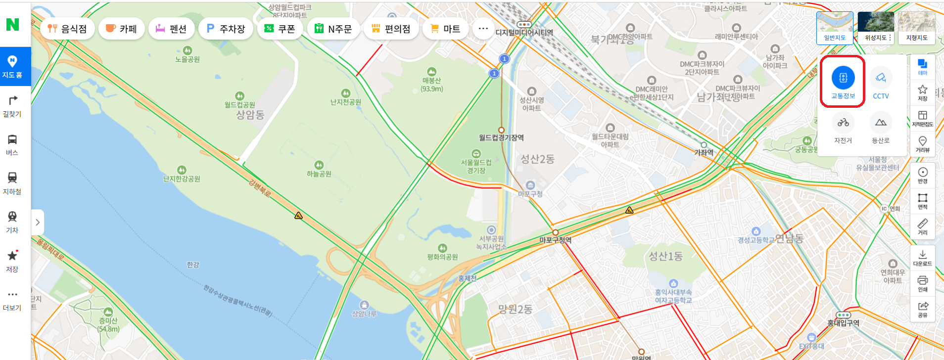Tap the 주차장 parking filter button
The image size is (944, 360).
point(225,29)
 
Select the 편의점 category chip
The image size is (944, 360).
point(391,29)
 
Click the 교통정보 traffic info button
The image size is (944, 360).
point(843,82)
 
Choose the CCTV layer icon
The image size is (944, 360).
point(881,82)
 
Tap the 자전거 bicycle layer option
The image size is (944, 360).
point(843,128)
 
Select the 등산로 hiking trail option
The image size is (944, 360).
point(881,128)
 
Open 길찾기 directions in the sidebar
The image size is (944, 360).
point(12,106)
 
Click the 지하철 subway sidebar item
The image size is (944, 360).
point(12,183)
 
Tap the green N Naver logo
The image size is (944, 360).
point(12,24)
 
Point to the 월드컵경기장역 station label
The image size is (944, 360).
point(501,137)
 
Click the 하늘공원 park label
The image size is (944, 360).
point(319,174)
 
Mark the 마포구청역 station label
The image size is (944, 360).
point(555,240)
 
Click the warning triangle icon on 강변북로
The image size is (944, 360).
point(298,216)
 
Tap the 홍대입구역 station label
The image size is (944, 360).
point(843,323)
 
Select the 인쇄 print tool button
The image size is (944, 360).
point(923,283)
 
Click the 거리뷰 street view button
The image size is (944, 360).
point(923,144)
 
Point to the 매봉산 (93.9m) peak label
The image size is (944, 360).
point(432,84)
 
